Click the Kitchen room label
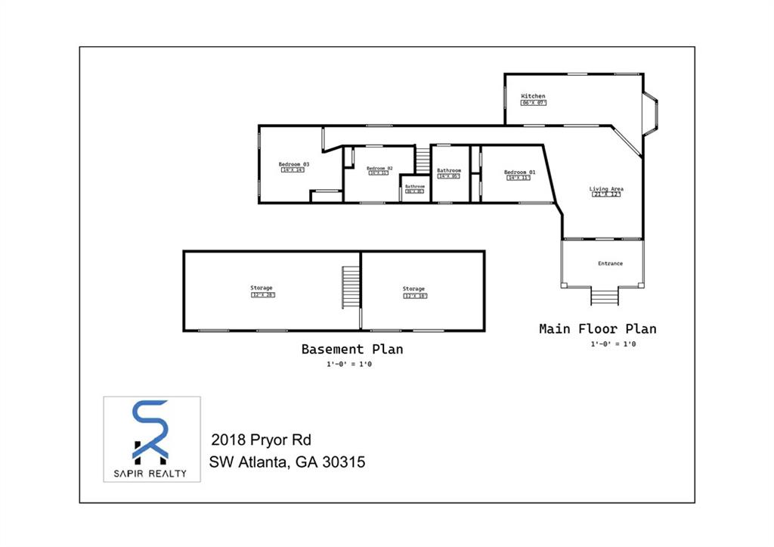tap(533, 96)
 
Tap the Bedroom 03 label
tap(293, 164)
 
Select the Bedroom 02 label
tap(379, 168)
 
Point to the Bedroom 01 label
tap(519, 172)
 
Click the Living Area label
tap(606, 188)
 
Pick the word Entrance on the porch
tap(610, 263)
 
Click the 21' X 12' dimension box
tap(606, 194)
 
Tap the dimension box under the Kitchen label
tap(534, 102)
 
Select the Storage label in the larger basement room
tap(262, 287)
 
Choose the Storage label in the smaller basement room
tap(413, 288)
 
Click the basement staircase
tap(351, 287)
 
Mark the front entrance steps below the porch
tap(605, 296)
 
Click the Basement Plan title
tap(351, 349)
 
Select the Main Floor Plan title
tap(597, 328)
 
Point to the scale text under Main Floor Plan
tap(613, 344)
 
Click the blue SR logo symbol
tap(150, 431)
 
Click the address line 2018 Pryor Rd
tap(261, 440)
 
